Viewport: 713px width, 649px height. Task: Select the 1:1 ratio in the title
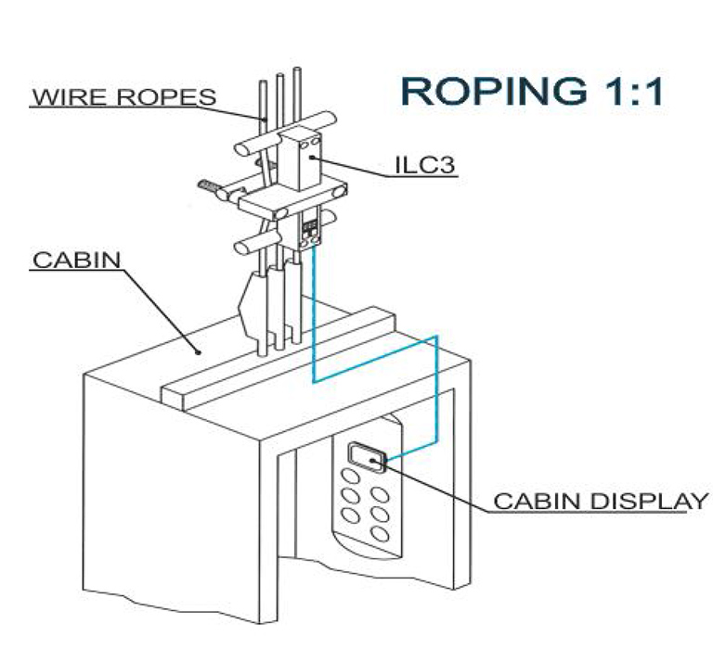tap(625, 90)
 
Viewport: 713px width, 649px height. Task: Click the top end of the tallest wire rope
tap(296, 70)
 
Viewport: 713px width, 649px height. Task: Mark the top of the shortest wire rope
tap(262, 84)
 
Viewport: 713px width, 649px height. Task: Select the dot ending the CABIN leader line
tap(198, 352)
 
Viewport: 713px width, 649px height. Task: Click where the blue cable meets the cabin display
tap(383, 461)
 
